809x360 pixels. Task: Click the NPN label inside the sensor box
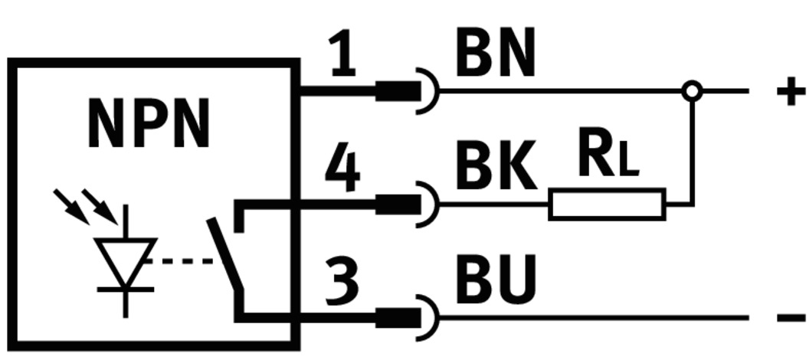148,125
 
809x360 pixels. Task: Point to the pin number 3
342,280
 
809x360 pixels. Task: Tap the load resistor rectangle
607,205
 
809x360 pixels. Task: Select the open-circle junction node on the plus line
692,91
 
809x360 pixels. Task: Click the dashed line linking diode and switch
184,260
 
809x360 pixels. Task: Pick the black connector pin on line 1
398,91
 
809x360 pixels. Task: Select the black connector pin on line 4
398,205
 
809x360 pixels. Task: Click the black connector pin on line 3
398,316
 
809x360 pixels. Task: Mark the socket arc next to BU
431,316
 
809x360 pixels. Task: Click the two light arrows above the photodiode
86,205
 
